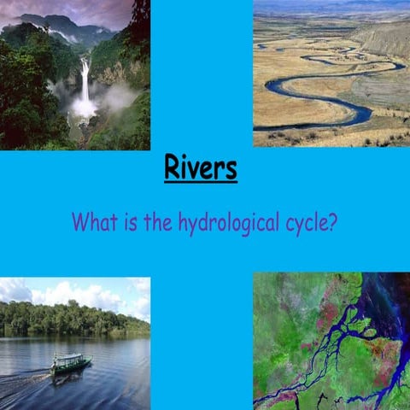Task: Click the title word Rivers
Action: pyautogui.click(x=201, y=167)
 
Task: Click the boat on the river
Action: pyautogui.click(x=70, y=362)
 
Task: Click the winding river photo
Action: pyautogui.click(x=331, y=73)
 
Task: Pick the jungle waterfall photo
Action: pyautogui.click(x=75, y=75)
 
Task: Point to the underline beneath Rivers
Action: pyautogui.click(x=201, y=181)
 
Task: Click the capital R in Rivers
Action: pyautogui.click(x=173, y=167)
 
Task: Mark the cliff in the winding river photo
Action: pyautogui.click(x=384, y=38)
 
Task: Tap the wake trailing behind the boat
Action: pyautogui.click(x=26, y=376)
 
